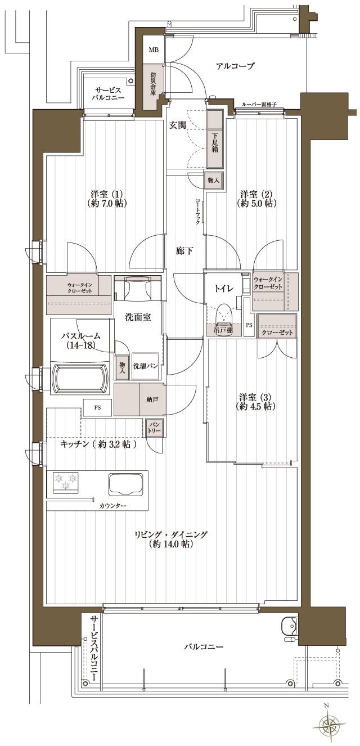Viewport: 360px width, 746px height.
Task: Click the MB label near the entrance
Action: [154, 50]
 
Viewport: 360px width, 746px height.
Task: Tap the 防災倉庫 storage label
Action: [154, 82]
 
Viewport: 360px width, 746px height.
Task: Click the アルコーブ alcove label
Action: [235, 66]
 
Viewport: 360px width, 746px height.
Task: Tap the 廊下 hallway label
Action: [184, 251]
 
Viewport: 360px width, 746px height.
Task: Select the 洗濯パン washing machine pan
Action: [145, 366]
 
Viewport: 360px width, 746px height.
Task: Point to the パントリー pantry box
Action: [154, 428]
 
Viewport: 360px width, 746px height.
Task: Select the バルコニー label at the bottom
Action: [204, 647]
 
